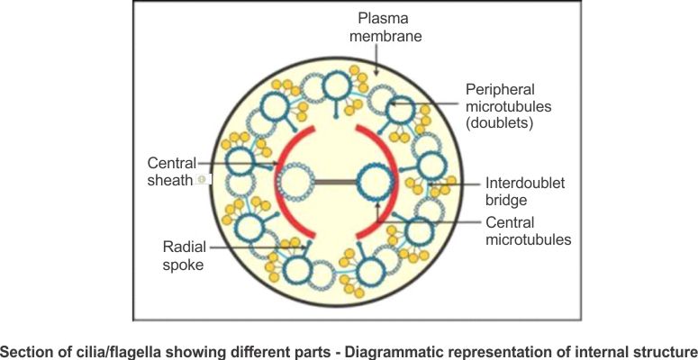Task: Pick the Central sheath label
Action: (170, 172)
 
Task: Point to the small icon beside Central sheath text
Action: (200, 180)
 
